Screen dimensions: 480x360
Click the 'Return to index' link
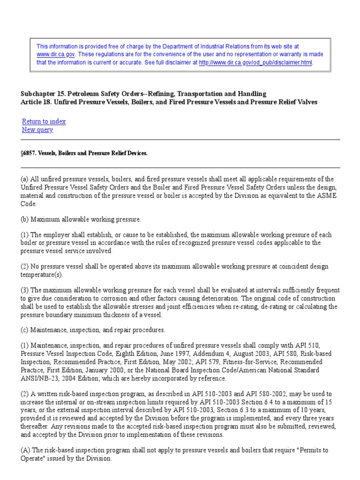pyautogui.click(x=44, y=121)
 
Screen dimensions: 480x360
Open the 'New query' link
pyautogui.click(x=37, y=130)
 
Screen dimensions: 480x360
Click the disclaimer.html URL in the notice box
pyautogui.click(x=255, y=62)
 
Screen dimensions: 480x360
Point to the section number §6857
pyautogui.click(x=29, y=153)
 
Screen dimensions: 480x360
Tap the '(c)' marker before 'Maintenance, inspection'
pyautogui.click(x=25, y=330)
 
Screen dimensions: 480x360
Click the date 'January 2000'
pyautogui.click(x=101, y=370)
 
